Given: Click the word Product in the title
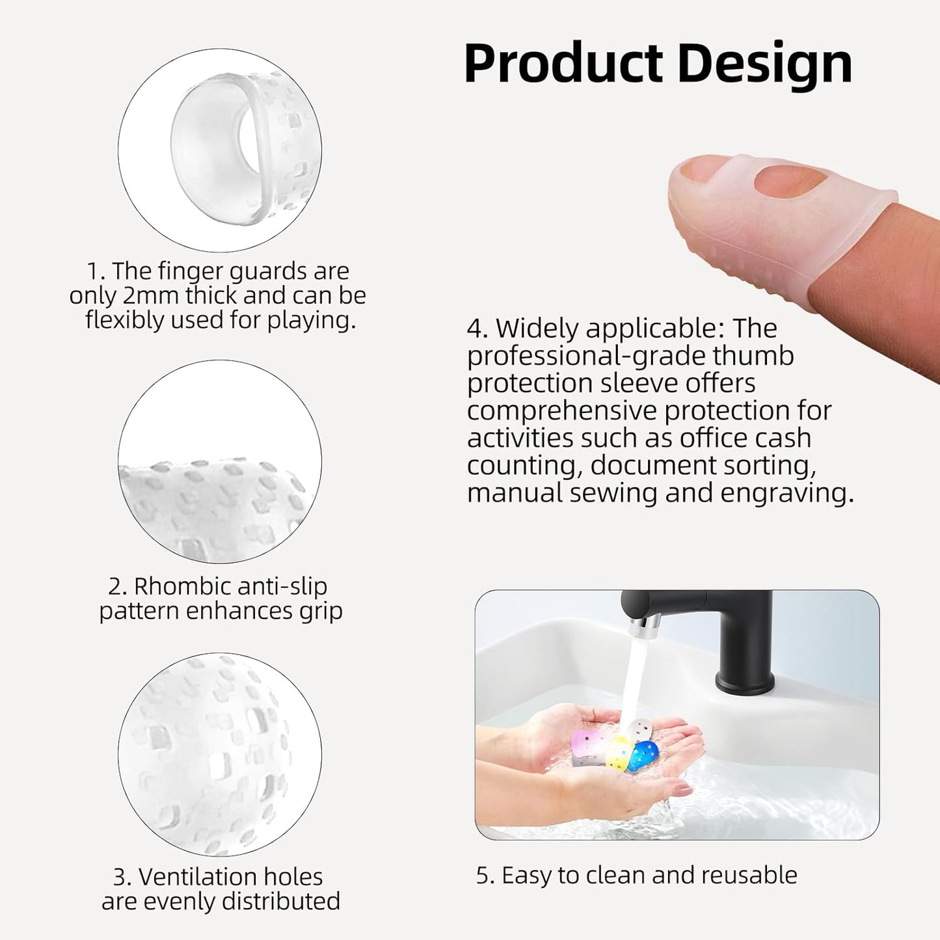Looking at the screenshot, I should coord(563,64).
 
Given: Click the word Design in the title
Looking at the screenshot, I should coord(764,64).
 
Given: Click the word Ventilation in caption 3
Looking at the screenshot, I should coord(230,877).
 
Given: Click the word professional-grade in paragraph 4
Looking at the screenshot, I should coord(584,356).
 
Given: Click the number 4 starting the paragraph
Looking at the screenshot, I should coord(477,329).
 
